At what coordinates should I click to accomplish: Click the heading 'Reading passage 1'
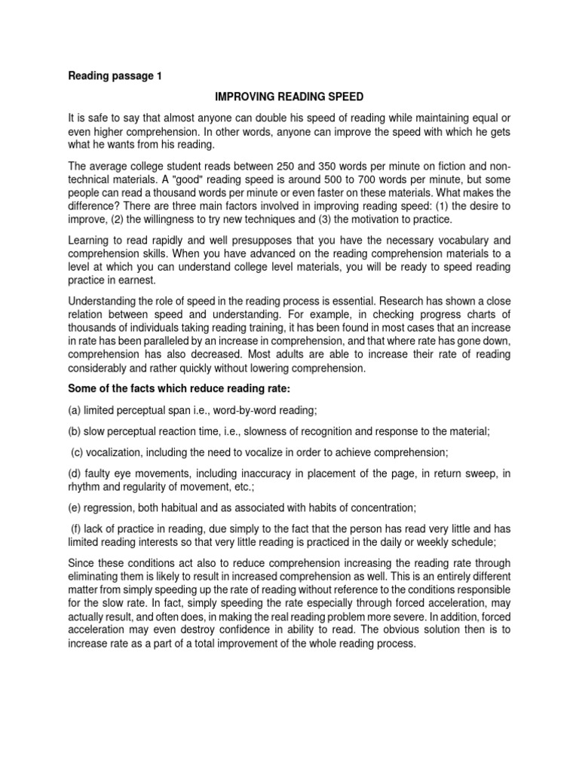pos(115,75)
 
